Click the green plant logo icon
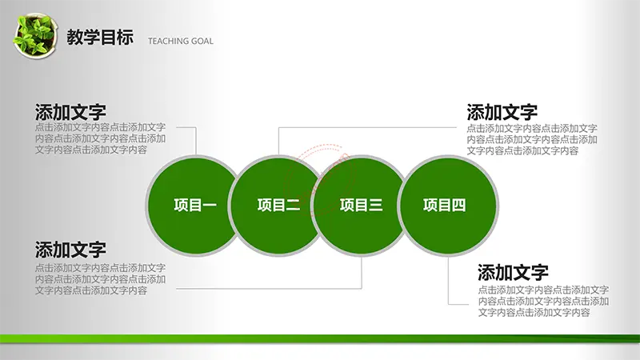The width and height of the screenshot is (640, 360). (x=34, y=35)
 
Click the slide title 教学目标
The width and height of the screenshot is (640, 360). (x=100, y=37)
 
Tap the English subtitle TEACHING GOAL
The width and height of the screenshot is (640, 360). (x=181, y=41)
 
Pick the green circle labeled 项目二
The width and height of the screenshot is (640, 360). (x=278, y=206)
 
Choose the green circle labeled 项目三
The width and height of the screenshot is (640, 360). (x=362, y=206)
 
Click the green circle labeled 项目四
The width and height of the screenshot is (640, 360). (x=448, y=206)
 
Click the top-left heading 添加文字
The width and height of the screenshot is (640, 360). (x=70, y=112)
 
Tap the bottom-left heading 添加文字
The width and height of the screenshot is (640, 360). (x=70, y=250)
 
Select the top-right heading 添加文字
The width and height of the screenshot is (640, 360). (x=502, y=112)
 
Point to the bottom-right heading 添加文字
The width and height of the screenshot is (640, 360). (x=513, y=272)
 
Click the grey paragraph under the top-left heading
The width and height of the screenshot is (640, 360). (x=100, y=138)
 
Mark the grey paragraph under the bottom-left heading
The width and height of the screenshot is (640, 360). (x=100, y=279)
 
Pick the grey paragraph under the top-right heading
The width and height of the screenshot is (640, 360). (x=532, y=139)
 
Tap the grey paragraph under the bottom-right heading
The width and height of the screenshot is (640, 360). (x=543, y=302)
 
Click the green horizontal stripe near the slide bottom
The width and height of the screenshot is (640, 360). (x=320, y=338)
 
